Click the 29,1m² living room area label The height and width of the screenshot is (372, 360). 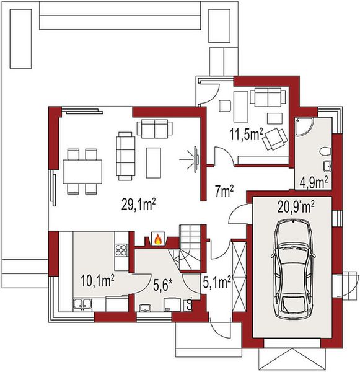coord(139,205)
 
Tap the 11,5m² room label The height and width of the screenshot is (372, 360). coord(246,135)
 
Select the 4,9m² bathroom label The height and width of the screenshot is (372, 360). coord(314,183)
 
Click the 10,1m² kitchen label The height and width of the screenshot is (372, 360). coord(97,281)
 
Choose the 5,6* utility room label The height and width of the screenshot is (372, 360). coord(162,285)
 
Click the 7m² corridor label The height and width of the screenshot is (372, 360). coord(224,192)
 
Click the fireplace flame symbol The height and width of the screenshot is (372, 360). coord(158,239)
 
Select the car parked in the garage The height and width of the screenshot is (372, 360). coord(293,269)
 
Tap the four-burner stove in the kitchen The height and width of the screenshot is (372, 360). coord(121,250)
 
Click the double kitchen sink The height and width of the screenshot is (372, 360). coord(82,304)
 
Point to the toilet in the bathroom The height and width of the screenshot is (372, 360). coord(325,152)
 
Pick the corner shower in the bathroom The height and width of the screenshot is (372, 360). coord(304,127)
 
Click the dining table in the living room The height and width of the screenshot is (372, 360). coord(82,171)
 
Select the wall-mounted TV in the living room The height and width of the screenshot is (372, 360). coord(196,159)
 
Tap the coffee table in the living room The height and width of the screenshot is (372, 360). coord(154,162)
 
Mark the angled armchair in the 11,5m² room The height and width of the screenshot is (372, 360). coord(275,139)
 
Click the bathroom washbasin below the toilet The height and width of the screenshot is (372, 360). coord(328,166)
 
